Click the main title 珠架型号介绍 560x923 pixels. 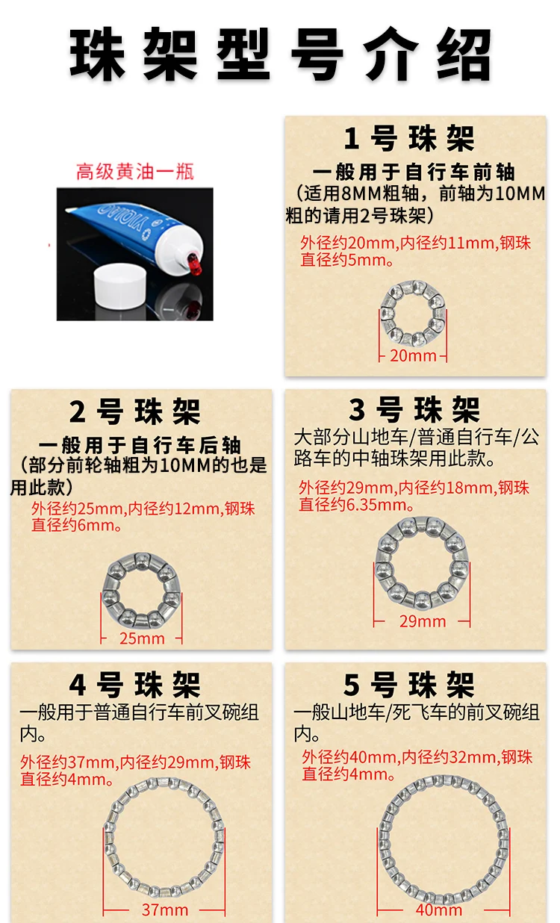pyautogui.click(x=280, y=54)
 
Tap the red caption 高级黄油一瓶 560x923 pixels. pyautogui.click(x=134, y=172)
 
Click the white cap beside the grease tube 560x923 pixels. pyautogui.click(x=119, y=285)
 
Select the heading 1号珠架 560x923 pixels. pyautogui.click(x=409, y=138)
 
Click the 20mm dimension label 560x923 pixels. pyautogui.click(x=413, y=355)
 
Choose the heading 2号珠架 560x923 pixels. pyautogui.click(x=134, y=411)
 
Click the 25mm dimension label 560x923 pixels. pyautogui.click(x=142, y=638)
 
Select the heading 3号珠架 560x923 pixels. pyautogui.click(x=414, y=409)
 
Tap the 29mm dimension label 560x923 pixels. pyautogui.click(x=423, y=621)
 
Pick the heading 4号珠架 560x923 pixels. pyautogui.click(x=134, y=685)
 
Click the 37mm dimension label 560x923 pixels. pyautogui.click(x=165, y=910)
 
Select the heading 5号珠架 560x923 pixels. pyautogui.click(x=409, y=685)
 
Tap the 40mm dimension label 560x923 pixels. pyautogui.click(x=439, y=910)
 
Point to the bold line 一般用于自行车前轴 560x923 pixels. pyautogui.click(x=414, y=172)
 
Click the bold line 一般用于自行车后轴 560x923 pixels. pyautogui.click(x=140, y=445)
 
